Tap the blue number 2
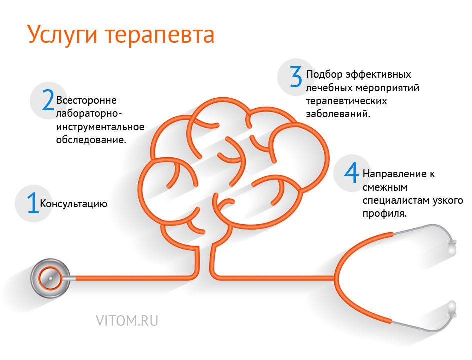pos(48,100)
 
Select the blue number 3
pos(296,77)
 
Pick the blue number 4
pos(352,172)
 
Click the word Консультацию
pos(74,204)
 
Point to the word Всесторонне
pos(86,100)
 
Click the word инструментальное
pos(100,127)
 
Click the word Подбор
pos(324,74)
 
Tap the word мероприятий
pos(388,88)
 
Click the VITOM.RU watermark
pos(127,321)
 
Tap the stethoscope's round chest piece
pos(50,278)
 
